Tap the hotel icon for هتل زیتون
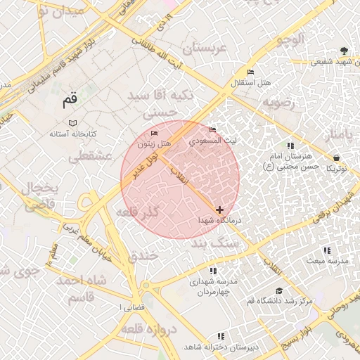coord(155,134)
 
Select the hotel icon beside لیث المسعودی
coord(213,130)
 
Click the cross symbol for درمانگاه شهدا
coord(220,210)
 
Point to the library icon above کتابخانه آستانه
coord(72,123)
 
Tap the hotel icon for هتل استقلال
coord(251,72)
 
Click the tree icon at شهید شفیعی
coord(343,51)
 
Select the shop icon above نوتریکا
coord(336,157)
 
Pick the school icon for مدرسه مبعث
coord(326,250)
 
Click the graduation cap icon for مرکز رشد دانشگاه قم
coord(279,291)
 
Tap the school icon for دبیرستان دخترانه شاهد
coord(221,337)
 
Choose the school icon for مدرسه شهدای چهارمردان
coord(213,271)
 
